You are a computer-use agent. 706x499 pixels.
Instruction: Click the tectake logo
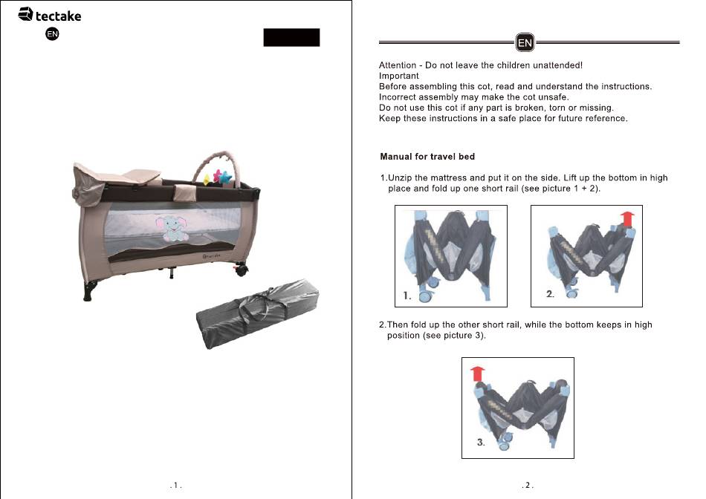[x=50, y=15]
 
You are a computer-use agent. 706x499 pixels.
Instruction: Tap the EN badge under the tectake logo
[x=52, y=33]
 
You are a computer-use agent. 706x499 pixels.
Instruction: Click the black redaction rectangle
[x=291, y=37]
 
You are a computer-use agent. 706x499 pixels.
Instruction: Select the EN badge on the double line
[x=525, y=43]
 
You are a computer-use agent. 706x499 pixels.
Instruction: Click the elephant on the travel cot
[x=171, y=228]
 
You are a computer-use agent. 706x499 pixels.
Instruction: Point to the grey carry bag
[x=258, y=313]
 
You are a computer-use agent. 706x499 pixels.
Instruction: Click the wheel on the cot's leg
[x=241, y=270]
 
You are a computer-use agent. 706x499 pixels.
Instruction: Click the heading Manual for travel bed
[x=427, y=157]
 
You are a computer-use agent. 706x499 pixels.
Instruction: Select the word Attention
[x=398, y=65]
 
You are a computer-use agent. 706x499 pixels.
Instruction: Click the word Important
[x=399, y=76]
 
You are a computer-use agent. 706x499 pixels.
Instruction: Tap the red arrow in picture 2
[x=627, y=218]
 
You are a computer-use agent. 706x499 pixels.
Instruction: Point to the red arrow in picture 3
[x=478, y=374]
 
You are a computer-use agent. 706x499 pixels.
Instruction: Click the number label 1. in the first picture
[x=407, y=296]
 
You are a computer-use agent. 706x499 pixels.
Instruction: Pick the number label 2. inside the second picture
[x=550, y=294]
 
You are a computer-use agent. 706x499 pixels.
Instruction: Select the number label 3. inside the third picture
[x=482, y=443]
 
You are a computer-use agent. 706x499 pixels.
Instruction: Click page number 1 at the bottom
[x=175, y=485]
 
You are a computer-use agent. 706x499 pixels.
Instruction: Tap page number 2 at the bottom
[x=527, y=485]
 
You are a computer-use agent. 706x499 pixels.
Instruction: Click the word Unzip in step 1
[x=400, y=178]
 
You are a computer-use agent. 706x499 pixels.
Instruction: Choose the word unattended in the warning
[x=557, y=65]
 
